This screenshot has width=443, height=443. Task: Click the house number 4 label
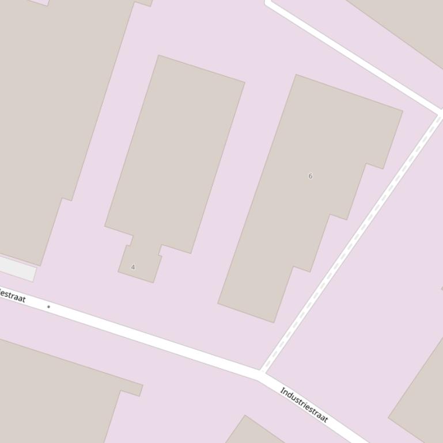click(x=133, y=268)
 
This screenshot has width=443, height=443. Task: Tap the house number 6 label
click(x=311, y=176)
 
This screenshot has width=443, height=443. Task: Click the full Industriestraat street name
click(x=304, y=405)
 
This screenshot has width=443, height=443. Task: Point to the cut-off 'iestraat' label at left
click(x=12, y=295)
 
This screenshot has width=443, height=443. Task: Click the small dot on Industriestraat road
click(x=48, y=307)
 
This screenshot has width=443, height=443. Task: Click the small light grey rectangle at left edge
click(x=17, y=268)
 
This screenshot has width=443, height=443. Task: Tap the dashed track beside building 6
click(x=351, y=242)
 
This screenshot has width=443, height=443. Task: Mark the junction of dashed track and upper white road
click(x=440, y=113)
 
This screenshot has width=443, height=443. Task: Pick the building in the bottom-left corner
click(x=52, y=391)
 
